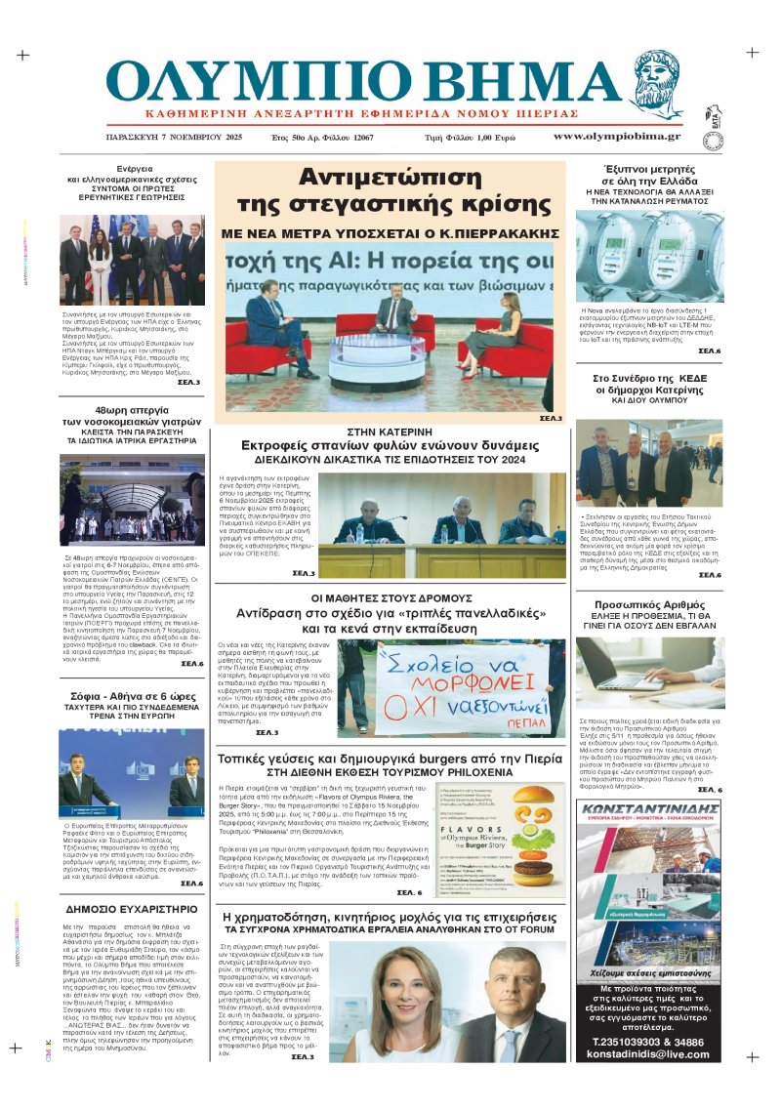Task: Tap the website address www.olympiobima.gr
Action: [x=617, y=137]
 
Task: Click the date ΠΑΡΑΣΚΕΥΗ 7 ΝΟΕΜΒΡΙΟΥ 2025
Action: [x=173, y=139]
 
